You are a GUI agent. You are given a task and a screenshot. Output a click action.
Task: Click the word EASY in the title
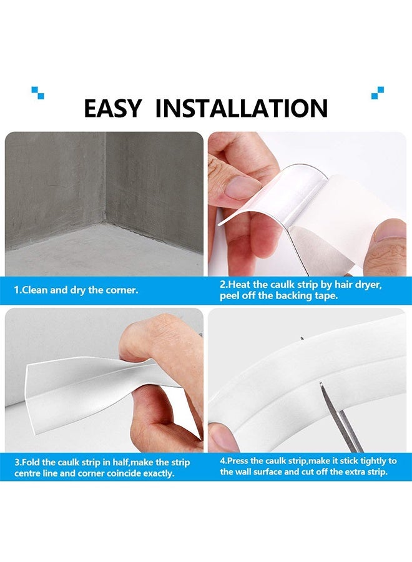(x=113, y=108)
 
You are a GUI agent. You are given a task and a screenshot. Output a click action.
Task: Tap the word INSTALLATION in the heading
(x=241, y=108)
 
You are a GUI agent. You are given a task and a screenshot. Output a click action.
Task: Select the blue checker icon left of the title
(x=37, y=92)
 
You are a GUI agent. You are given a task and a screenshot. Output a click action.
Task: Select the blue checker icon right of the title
(x=377, y=92)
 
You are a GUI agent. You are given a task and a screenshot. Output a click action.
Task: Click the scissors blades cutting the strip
(x=340, y=418)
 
